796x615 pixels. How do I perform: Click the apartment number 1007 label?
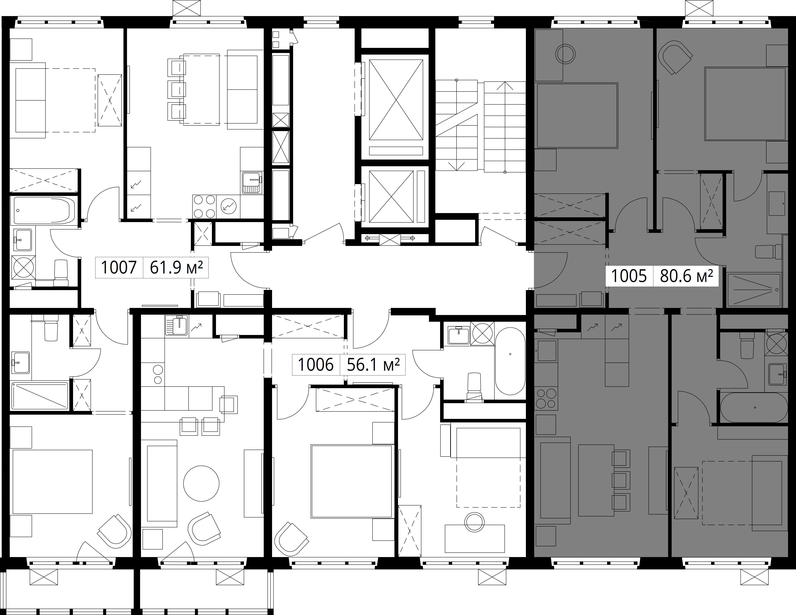pyautogui.click(x=119, y=268)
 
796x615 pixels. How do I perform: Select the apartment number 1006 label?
pyautogui.click(x=316, y=364)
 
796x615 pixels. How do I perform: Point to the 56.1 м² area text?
pyautogui.click(x=373, y=364)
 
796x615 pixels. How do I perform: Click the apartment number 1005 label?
pyautogui.click(x=629, y=276)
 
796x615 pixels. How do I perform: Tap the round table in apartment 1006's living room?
pyautogui.click(x=201, y=484)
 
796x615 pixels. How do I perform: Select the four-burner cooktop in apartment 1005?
pyautogui.click(x=546, y=399)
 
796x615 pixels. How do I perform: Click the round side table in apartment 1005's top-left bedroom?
pyautogui.click(x=565, y=54)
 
